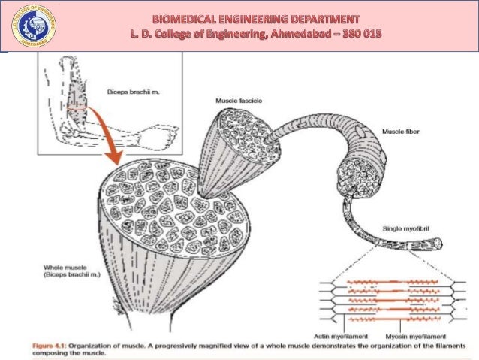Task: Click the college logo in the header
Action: [x=27, y=27]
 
